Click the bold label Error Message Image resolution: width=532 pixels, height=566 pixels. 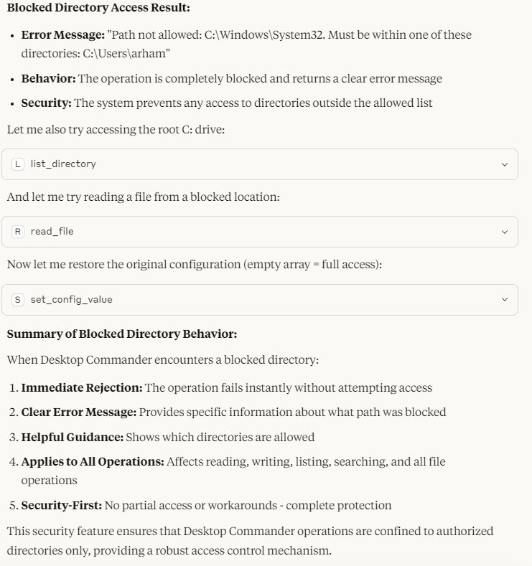click(62, 34)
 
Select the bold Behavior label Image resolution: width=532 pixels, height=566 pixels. click(48, 78)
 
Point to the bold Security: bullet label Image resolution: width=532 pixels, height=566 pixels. click(46, 103)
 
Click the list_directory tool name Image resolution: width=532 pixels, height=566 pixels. click(63, 164)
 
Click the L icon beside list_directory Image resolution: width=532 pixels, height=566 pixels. click(18, 164)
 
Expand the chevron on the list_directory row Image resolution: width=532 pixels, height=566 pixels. click(504, 164)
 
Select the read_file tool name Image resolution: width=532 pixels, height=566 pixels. click(52, 232)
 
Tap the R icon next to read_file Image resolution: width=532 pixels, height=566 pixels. click(18, 232)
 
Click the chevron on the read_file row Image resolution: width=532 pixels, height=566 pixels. click(504, 232)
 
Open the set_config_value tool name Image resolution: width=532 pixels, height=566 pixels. click(71, 299)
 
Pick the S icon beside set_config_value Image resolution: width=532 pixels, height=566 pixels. click(18, 299)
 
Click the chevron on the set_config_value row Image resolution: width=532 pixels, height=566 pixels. click(504, 299)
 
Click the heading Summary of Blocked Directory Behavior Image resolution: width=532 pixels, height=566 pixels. click(122, 334)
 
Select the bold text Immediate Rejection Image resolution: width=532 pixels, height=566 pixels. click(81, 388)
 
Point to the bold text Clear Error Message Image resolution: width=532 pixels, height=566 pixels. click(78, 412)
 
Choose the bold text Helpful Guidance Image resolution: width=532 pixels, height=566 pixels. click(72, 437)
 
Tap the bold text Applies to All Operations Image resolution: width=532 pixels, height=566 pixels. click(92, 462)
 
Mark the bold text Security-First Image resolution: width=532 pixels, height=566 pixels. click(61, 506)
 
